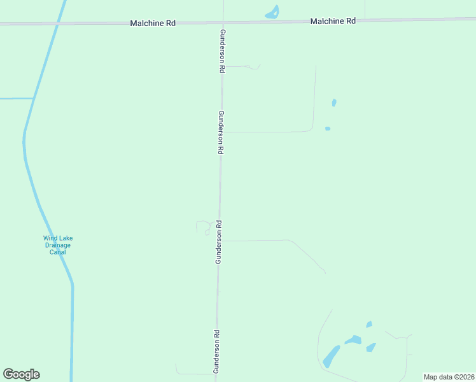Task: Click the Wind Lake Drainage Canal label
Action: point(58,245)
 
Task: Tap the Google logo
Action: point(21,374)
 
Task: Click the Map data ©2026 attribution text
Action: point(449,377)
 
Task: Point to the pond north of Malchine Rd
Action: point(272,13)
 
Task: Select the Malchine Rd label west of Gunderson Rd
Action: point(152,23)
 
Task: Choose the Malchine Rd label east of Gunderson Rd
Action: point(333,21)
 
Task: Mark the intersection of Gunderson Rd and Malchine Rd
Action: point(222,22)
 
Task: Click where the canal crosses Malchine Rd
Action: point(59,24)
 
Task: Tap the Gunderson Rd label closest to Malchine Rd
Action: point(222,52)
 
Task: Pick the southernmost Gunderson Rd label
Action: point(217,351)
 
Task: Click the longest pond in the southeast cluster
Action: point(331,356)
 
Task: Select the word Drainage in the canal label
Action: point(58,245)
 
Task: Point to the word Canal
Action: point(58,252)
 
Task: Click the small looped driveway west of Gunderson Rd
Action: point(204,227)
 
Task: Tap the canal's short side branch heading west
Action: point(16,99)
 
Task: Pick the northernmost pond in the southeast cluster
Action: point(369,324)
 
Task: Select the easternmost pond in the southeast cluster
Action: point(370,348)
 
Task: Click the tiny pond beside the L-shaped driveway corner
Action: point(328,129)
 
